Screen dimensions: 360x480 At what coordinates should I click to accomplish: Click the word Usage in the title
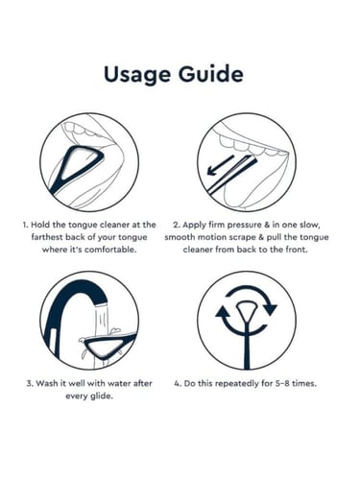coord(138,74)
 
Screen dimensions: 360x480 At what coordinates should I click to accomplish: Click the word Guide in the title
coord(211,74)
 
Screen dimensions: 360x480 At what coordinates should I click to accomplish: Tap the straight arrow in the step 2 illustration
coord(221,165)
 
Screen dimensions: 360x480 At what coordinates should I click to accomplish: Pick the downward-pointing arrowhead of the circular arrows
coord(271,309)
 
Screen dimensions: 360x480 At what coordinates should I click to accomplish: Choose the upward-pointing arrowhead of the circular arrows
coord(223,311)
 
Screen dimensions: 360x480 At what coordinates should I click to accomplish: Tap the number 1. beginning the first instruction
coord(25,225)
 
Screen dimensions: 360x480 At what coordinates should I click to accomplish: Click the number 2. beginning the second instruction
coord(177,225)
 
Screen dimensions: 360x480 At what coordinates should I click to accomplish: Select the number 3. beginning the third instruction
coord(30,383)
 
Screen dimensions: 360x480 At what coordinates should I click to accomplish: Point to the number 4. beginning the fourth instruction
coord(178,383)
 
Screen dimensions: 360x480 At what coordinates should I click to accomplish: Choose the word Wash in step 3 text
coord(45,383)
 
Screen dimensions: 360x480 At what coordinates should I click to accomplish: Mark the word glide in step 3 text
coord(102,396)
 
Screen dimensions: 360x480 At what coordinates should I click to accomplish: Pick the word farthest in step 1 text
coord(47,237)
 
